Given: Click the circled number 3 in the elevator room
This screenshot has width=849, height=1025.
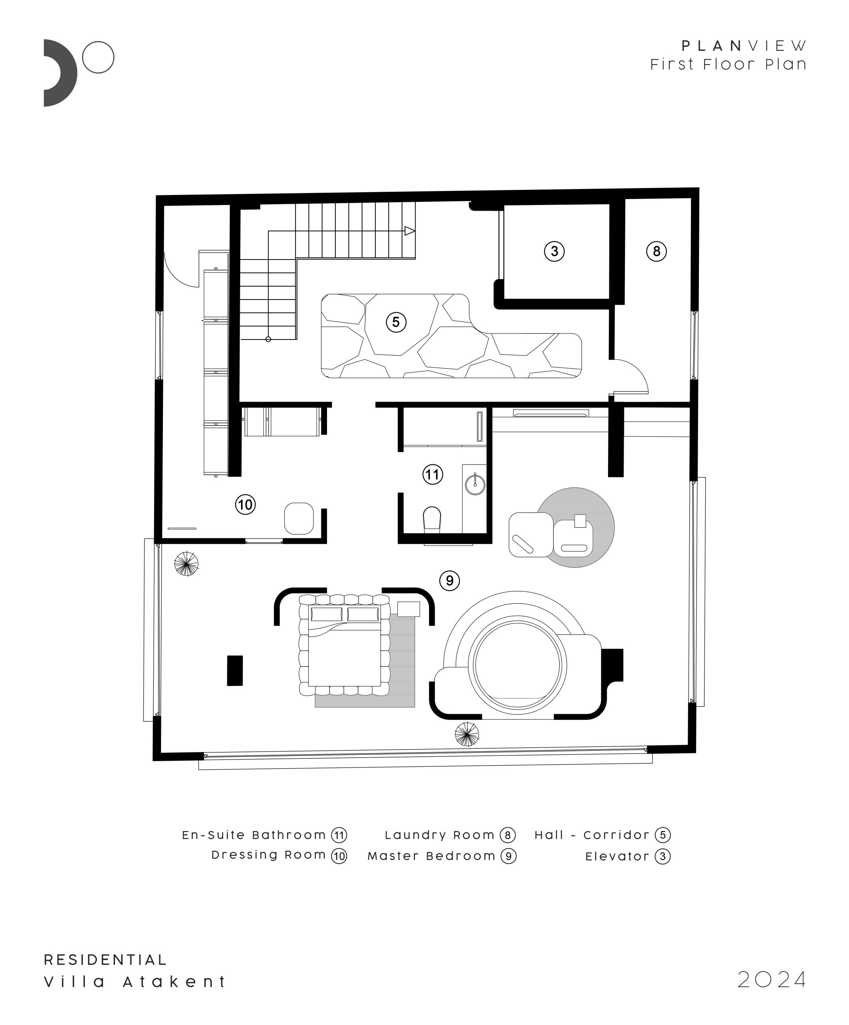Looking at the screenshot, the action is point(554,251).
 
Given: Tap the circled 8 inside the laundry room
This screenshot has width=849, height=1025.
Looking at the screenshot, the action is point(656,251).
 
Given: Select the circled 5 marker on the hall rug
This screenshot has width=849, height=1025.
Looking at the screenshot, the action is point(396,322).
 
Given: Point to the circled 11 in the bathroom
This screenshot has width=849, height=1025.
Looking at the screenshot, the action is point(432,474).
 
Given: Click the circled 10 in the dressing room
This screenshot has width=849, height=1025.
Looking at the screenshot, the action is point(245,504).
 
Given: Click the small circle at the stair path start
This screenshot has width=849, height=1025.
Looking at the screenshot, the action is point(268,339).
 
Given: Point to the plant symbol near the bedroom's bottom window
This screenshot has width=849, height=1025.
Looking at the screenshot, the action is point(467,734).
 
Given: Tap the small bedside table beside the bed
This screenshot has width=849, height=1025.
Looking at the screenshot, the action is point(408,609).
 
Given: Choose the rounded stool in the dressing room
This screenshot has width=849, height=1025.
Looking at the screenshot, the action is point(299,519).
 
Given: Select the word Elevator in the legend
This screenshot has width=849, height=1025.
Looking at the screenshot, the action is point(617,856).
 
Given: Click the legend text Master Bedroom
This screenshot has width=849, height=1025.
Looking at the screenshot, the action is point(432,856).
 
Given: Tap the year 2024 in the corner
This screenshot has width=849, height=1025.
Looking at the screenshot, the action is point(771,979).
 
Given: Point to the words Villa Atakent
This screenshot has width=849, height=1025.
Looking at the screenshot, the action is point(134,982).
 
